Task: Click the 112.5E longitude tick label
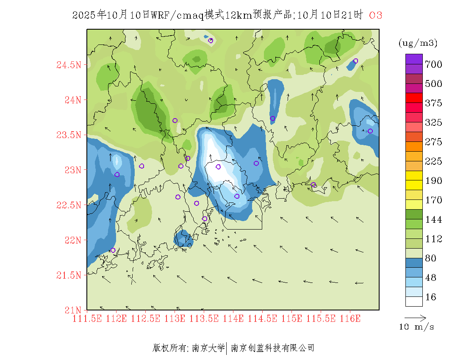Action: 146,318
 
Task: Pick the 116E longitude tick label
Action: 350,318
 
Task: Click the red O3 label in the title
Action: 376,16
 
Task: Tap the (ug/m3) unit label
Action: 418,43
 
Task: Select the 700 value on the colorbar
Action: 433,64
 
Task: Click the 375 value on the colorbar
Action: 433,103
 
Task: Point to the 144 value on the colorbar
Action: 433,220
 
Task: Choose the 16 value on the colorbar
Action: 430,297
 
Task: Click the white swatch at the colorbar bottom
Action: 414,301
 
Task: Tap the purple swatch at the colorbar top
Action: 414,59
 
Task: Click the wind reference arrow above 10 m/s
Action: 415,317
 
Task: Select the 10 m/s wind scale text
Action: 417,327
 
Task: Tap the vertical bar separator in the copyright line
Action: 227,348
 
